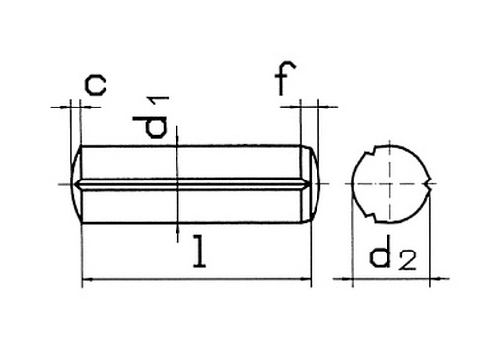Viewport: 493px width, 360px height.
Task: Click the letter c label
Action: tap(96, 85)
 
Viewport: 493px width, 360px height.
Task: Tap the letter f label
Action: tap(285, 78)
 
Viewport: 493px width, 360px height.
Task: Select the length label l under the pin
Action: tap(199, 251)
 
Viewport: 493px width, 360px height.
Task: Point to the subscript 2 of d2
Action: tap(407, 260)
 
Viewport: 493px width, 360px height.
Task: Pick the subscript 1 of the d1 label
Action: tap(159, 102)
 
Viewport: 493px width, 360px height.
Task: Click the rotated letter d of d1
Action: tap(150, 127)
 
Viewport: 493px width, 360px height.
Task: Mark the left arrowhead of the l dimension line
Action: tap(87, 280)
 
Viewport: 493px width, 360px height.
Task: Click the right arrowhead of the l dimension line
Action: tap(306, 280)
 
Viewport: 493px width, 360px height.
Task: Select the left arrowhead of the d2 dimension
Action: tap(347, 279)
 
